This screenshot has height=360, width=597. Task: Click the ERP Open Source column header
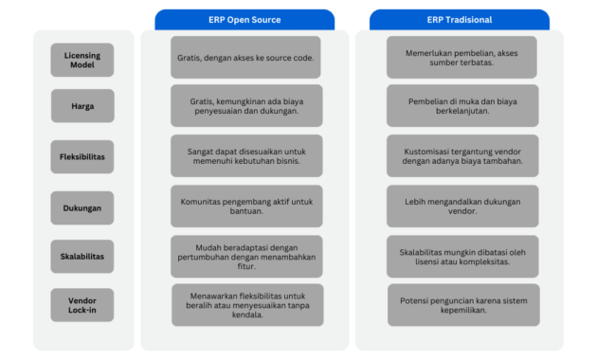(244, 20)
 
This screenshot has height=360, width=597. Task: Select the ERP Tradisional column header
(459, 20)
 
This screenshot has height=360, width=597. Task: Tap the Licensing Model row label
(81, 60)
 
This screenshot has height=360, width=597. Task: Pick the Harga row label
(81, 106)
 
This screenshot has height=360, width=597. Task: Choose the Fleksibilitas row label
(81, 156)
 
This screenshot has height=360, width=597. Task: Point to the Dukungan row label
(81, 207)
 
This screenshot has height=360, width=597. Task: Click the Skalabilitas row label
(81, 257)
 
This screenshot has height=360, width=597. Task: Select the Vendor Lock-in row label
(81, 305)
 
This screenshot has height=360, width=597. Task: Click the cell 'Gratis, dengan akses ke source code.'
(245, 57)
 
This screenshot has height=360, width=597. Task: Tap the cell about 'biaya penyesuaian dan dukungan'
(245, 106)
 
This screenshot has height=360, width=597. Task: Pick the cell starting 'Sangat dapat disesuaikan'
(245, 156)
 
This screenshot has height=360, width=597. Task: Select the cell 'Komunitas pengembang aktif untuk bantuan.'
(245, 207)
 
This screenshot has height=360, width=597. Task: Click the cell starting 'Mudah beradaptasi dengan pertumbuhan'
(245, 257)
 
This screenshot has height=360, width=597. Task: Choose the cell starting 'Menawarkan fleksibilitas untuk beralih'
(245, 305)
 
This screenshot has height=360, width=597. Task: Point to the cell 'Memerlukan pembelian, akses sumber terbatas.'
(461, 57)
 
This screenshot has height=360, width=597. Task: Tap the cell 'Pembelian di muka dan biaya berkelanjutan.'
(461, 106)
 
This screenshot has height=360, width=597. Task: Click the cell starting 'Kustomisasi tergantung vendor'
(461, 156)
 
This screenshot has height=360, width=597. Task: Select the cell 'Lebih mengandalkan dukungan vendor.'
(461, 207)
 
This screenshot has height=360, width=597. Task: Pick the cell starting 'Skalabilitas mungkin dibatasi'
(461, 257)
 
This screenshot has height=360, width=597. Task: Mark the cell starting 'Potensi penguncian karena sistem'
(461, 305)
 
